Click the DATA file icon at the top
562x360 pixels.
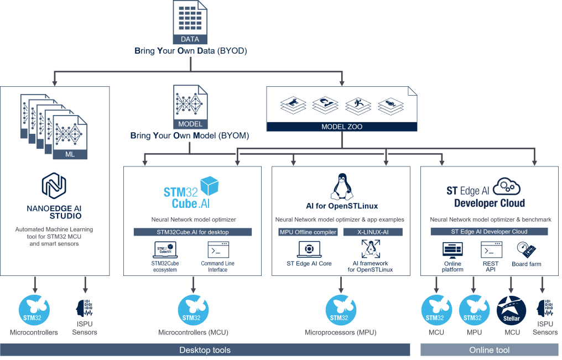click(x=190, y=22)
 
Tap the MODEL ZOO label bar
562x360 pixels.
click(x=342, y=127)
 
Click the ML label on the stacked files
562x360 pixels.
click(x=70, y=154)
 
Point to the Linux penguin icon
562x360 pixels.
click(x=341, y=186)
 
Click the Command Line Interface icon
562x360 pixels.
click(x=218, y=249)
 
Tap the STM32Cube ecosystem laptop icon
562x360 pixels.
click(x=164, y=250)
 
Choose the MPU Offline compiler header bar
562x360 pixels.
click(x=308, y=232)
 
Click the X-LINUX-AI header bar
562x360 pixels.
click(x=373, y=232)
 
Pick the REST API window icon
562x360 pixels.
click(x=491, y=249)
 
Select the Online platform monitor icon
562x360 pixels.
click(x=452, y=249)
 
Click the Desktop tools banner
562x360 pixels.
click(x=205, y=350)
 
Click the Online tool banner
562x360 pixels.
click(x=490, y=350)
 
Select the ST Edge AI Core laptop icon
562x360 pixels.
click(x=309, y=249)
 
